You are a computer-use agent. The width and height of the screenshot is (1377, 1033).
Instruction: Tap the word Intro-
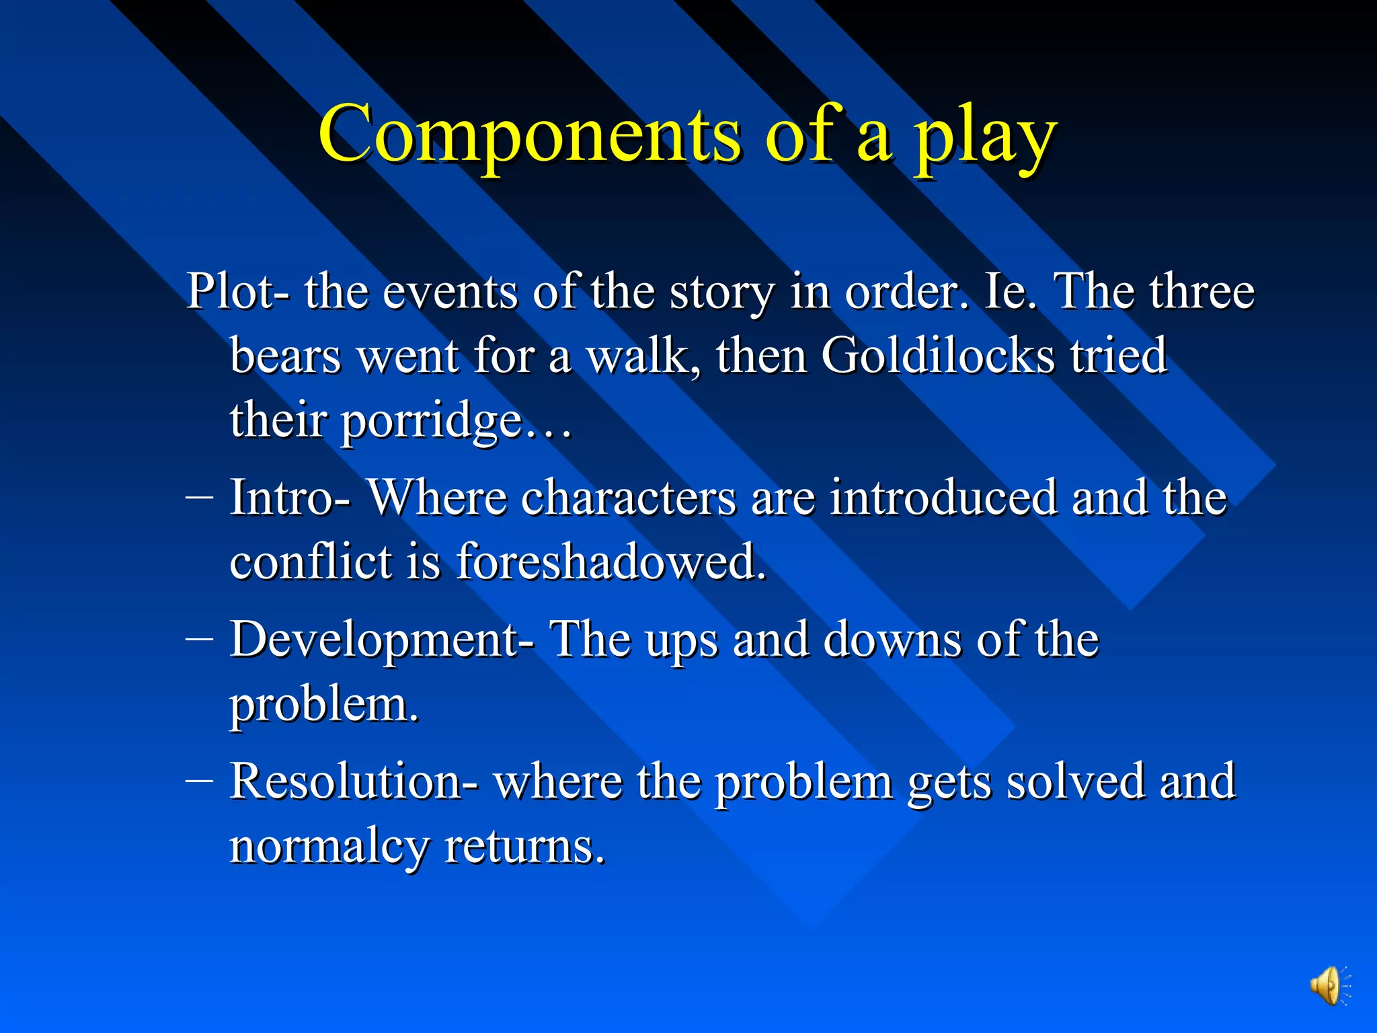click(x=289, y=498)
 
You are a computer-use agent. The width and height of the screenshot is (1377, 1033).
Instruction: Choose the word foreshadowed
click(x=611, y=562)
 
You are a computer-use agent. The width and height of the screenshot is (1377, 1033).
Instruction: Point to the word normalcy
click(x=329, y=847)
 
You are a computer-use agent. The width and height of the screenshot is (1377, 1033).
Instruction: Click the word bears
click(x=285, y=356)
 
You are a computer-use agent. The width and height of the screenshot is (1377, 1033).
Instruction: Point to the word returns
click(x=524, y=847)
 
